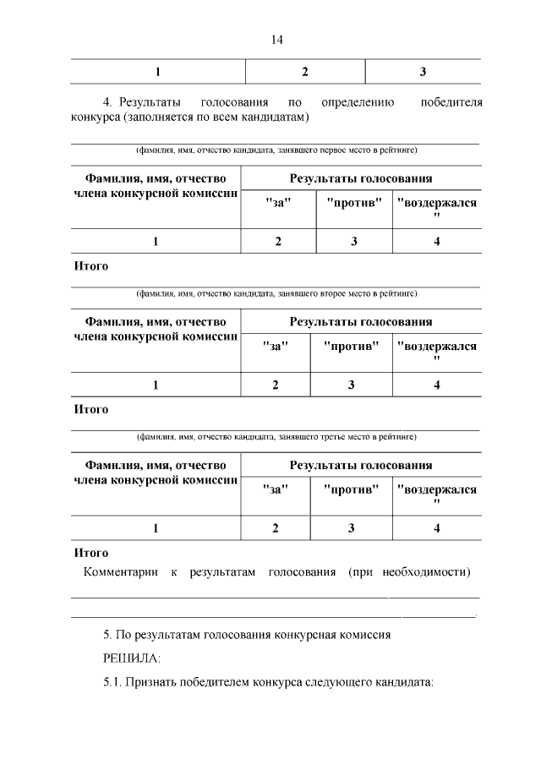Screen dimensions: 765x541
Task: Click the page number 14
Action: pos(276,40)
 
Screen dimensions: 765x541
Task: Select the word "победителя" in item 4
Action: pos(451,102)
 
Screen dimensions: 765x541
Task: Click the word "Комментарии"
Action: pos(120,572)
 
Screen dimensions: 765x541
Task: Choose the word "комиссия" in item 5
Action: pos(360,633)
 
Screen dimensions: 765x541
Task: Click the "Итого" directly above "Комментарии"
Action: pos(91,553)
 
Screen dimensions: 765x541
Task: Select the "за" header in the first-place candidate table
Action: pos(276,203)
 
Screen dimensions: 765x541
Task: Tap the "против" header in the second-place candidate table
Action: pos(351,347)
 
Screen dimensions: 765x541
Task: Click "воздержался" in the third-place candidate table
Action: pos(436,489)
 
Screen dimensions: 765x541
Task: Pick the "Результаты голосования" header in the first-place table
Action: pos(361,178)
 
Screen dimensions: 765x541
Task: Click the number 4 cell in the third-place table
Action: pos(437,528)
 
